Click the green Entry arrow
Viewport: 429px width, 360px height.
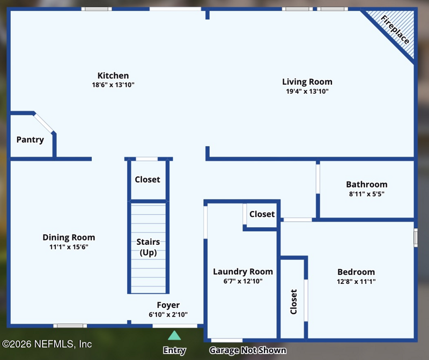[x=174, y=335]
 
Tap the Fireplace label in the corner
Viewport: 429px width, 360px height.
[x=395, y=29]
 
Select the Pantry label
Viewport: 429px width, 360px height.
[x=30, y=140]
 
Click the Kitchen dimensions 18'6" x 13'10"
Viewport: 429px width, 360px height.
[x=113, y=85]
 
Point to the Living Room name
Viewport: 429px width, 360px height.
[x=307, y=82]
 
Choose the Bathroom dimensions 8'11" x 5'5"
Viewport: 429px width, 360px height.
[x=367, y=194]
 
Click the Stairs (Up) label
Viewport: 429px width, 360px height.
[x=148, y=247]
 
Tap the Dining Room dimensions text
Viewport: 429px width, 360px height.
[x=69, y=247]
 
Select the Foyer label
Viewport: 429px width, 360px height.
[x=168, y=305]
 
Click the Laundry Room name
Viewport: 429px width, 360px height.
[x=243, y=272]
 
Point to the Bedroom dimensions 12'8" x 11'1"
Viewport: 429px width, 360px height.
[x=356, y=281]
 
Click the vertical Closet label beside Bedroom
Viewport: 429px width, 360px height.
[x=293, y=302]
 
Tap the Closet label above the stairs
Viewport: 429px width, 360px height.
[x=147, y=179]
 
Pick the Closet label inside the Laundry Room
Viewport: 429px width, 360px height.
[x=262, y=214]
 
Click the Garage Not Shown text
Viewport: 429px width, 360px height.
[x=248, y=350]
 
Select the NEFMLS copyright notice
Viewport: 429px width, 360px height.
[x=47, y=344]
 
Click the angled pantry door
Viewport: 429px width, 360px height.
[x=43, y=123]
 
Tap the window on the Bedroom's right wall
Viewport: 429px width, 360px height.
[x=416, y=237]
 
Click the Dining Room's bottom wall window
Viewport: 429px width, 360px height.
[x=70, y=326]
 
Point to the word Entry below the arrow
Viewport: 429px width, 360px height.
[x=174, y=350]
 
